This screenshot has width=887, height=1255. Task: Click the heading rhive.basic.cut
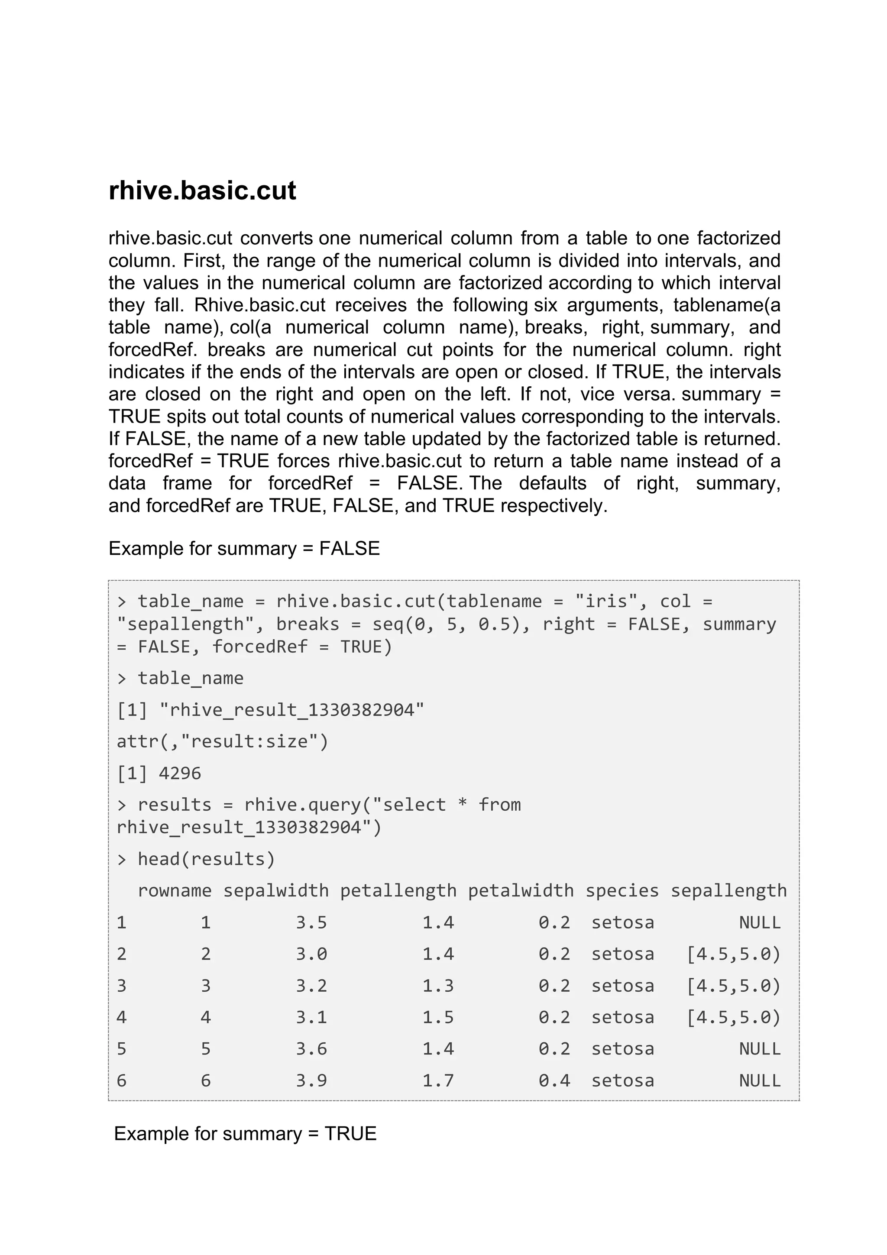(202, 191)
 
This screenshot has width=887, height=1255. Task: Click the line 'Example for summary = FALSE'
(244, 548)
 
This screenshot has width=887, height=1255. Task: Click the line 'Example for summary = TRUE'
(245, 1134)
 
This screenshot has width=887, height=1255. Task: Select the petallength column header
(398, 891)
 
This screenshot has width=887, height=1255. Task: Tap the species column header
(622, 891)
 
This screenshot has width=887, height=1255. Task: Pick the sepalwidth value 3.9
(311, 1080)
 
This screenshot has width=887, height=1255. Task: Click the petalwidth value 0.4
(554, 1080)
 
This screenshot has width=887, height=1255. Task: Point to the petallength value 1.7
(438, 1080)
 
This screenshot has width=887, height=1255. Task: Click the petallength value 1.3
(438, 986)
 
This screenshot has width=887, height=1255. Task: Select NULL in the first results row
(760, 923)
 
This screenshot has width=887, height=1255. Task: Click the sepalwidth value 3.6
(311, 1049)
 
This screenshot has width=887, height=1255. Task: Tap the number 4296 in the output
(180, 773)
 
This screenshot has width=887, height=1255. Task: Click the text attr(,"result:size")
(223, 742)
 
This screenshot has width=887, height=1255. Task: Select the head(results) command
(206, 859)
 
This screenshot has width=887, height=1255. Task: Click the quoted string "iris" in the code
(605, 601)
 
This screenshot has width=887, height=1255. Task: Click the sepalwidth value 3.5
(311, 923)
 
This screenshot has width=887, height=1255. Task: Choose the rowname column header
(175, 891)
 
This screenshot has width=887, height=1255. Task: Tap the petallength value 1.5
(438, 1017)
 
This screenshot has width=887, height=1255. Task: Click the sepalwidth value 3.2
(311, 986)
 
